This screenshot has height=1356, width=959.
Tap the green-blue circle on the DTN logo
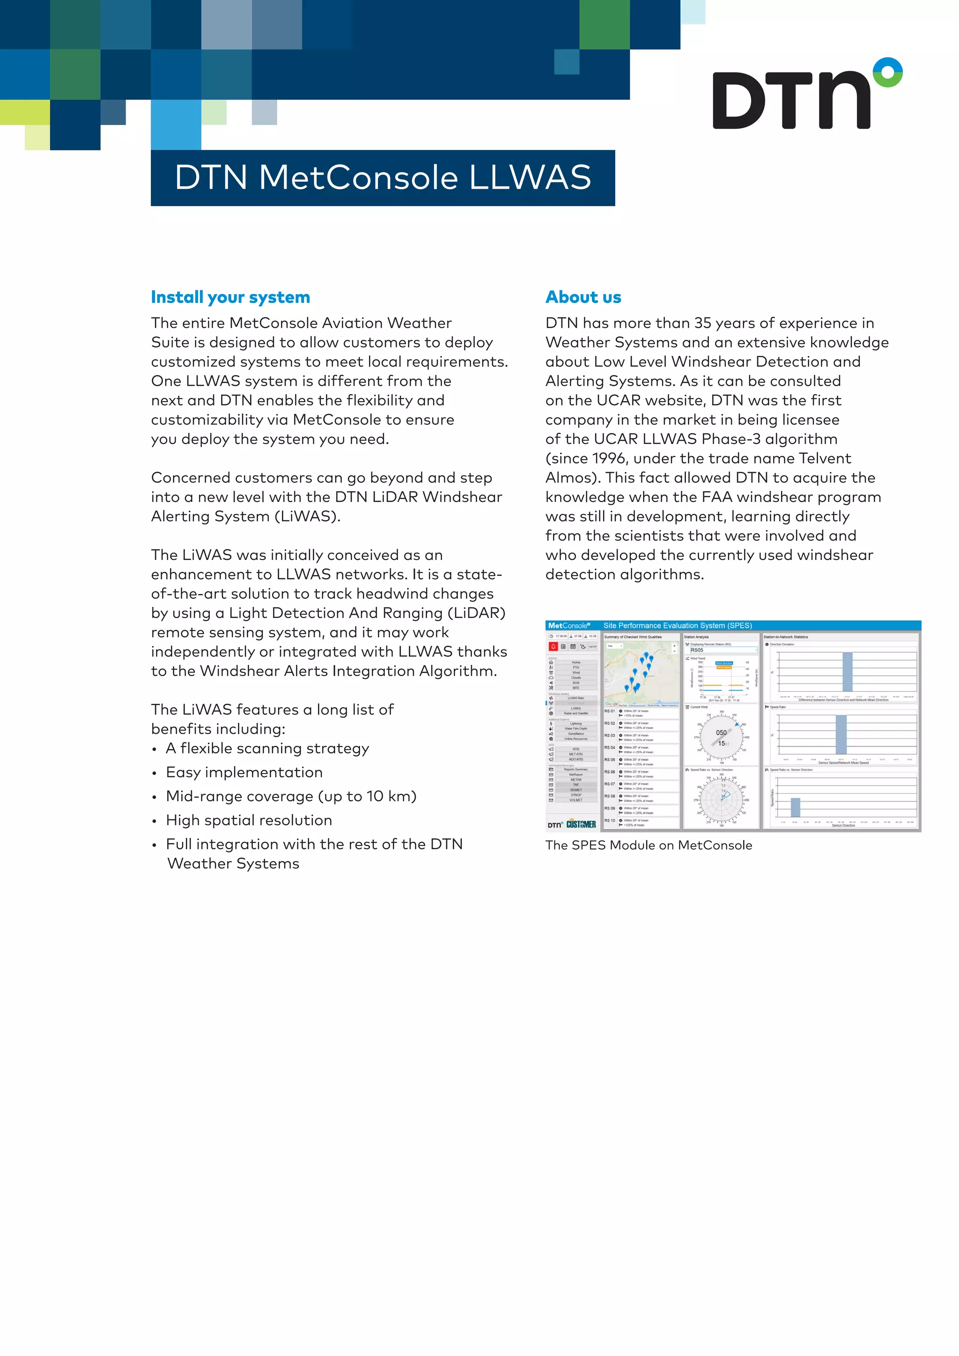pos(887,72)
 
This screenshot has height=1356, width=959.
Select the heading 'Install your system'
pos(230,297)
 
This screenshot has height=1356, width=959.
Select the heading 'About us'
pos(583,297)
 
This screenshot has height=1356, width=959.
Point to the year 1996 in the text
pos(609,458)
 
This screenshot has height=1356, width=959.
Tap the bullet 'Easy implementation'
pos(244,773)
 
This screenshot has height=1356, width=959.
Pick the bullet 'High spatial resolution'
pos(249,820)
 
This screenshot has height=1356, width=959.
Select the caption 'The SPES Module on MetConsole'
pos(649,845)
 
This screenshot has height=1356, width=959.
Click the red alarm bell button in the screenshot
pos(553,647)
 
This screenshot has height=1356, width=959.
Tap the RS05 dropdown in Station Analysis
pos(723,650)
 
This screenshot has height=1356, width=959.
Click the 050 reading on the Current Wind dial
pos(721,732)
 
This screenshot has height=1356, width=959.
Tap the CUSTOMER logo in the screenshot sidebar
pos(581,825)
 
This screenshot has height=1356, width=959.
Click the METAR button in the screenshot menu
pos(576,780)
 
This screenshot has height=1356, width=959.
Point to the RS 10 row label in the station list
pos(609,821)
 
